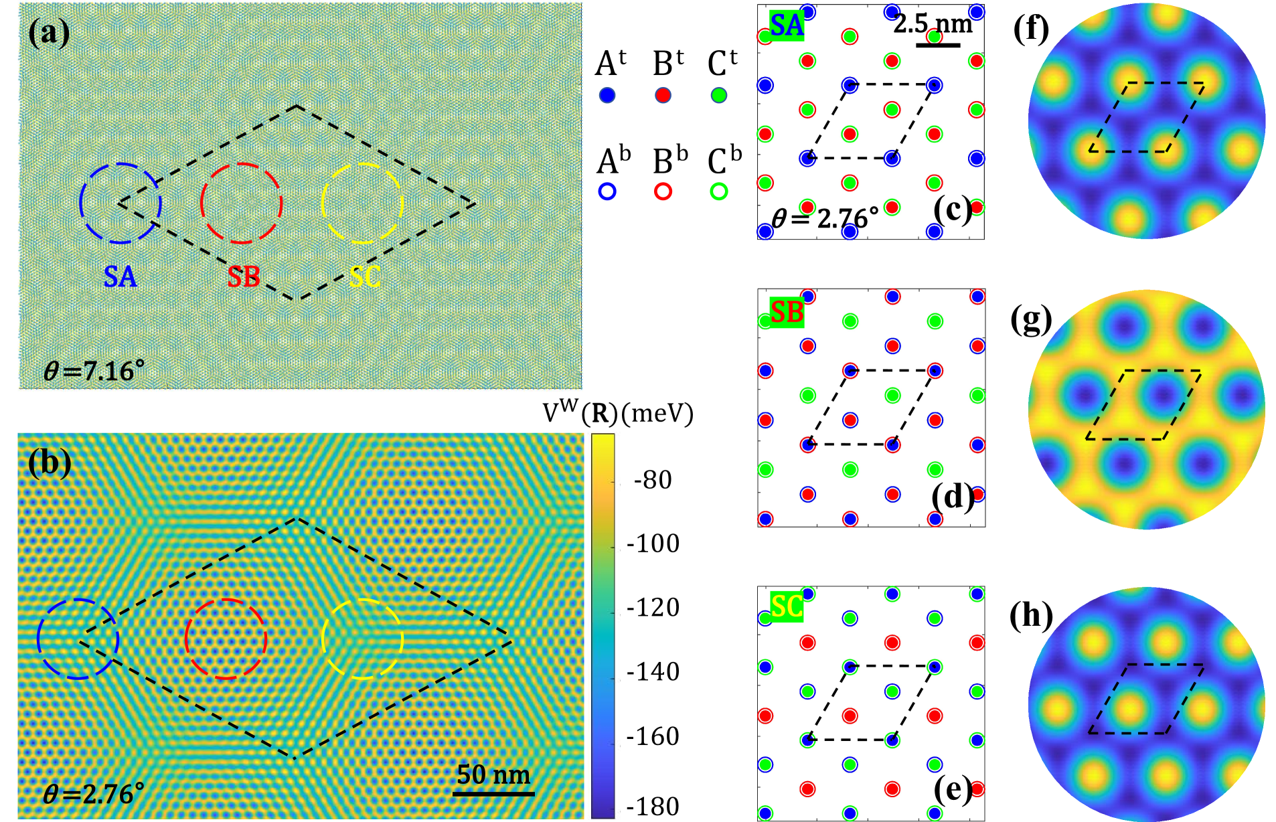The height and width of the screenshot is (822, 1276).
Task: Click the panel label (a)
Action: [48, 32]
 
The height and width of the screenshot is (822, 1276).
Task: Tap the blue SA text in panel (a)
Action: [120, 276]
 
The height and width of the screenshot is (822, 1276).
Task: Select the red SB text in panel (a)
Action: [243, 276]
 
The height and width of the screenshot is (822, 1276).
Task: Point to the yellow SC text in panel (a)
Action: [365, 276]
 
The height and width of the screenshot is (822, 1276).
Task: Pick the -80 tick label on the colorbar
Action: [652, 480]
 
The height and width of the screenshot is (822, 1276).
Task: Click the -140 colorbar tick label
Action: [653, 671]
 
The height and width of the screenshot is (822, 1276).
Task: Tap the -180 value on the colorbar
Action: [653, 807]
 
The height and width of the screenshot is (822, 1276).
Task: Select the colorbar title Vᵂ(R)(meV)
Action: [617, 414]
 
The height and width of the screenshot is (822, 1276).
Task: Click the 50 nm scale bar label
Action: [493, 775]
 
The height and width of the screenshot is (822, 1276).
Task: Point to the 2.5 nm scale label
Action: [933, 24]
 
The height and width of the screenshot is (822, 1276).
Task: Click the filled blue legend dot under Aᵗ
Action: [607, 96]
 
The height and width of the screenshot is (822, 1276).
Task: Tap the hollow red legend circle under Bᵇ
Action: [663, 192]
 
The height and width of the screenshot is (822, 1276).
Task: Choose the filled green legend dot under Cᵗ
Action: [719, 96]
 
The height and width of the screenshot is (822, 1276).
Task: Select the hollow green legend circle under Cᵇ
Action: [719, 192]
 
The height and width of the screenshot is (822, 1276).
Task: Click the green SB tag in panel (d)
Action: [787, 312]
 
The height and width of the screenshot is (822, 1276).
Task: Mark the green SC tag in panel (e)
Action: [787, 606]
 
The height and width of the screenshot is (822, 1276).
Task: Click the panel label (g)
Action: [1031, 320]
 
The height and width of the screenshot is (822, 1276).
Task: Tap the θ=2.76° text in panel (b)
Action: [94, 795]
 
